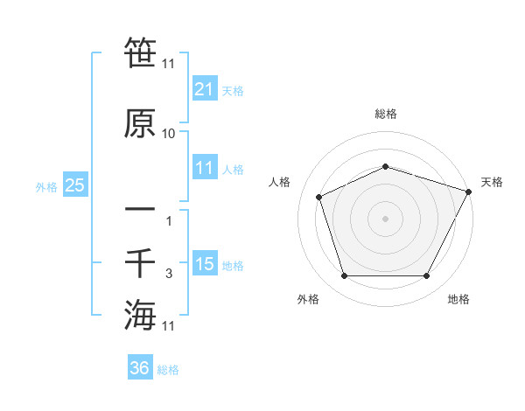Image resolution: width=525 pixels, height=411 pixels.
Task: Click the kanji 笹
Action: pos(140,52)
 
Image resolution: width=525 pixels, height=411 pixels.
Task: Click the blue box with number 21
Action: pos(204,90)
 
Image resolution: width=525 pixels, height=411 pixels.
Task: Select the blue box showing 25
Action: pos(74,185)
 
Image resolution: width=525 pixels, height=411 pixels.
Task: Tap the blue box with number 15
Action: pos(204,264)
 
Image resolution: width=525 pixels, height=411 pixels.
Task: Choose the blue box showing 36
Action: pos(140,368)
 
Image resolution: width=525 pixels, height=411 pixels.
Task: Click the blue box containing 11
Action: pos(204,169)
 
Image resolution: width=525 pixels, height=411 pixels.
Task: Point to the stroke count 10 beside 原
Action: pos(169,134)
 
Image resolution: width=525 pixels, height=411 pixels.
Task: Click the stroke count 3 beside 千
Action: pos(169,274)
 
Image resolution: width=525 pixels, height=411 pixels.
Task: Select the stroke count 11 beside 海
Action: pos(169,325)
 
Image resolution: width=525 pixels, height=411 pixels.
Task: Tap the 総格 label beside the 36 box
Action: pos(169,370)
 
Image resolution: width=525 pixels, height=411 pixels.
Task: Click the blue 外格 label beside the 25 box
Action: pos(46,186)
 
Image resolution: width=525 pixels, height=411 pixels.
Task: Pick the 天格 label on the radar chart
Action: pos(492,182)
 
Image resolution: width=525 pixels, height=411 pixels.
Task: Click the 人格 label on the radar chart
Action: pos(280,182)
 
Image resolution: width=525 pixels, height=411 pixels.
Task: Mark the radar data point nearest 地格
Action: pos(426,276)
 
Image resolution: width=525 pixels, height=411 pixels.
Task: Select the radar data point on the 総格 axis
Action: pos(386,166)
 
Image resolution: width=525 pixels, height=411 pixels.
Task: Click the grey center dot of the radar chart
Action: pos(386,218)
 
